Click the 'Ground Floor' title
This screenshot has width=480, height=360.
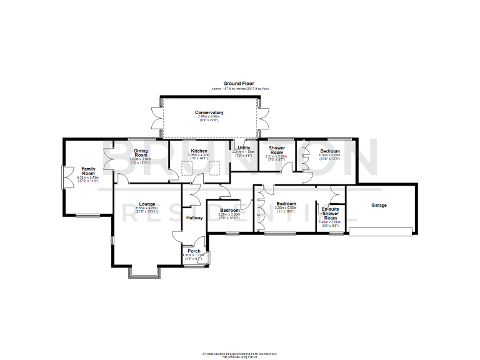239,83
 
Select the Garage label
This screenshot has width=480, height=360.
379,205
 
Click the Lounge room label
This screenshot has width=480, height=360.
147,204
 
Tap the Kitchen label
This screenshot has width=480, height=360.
199,151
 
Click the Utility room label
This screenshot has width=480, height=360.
243,148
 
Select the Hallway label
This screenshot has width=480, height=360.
194,217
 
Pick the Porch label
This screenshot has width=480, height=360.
194,251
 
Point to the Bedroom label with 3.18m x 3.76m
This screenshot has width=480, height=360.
330,151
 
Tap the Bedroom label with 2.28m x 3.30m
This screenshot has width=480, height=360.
229,210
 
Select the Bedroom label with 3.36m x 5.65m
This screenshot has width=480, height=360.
286,204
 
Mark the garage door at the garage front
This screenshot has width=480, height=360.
380,232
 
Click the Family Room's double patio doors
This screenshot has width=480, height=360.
63,177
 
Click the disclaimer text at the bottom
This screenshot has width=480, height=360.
239,354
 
